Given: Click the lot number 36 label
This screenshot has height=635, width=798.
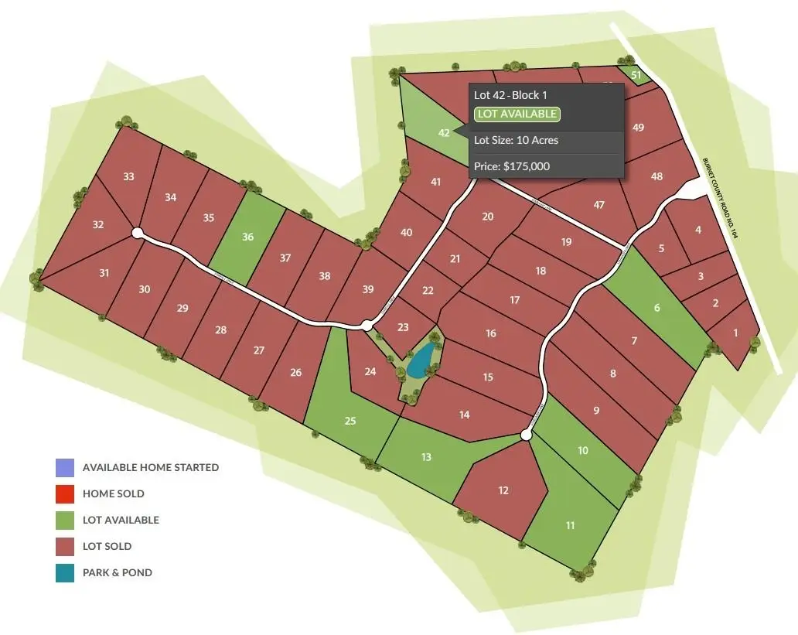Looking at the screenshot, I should (x=247, y=237).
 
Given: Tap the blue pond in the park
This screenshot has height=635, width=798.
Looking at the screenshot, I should (x=421, y=360).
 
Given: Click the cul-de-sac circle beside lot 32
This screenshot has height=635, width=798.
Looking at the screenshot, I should (x=138, y=233).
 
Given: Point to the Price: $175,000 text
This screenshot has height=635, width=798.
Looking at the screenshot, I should (x=511, y=166).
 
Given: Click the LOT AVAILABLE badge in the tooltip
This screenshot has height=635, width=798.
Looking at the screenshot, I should (x=517, y=114).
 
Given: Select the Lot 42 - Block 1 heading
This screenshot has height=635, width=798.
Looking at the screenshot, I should (x=510, y=95).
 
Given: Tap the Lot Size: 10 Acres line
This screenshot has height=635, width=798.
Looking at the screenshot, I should (x=516, y=140).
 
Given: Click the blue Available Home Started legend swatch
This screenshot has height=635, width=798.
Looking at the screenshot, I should (x=65, y=468).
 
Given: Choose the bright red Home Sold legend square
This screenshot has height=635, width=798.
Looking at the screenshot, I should (x=65, y=494).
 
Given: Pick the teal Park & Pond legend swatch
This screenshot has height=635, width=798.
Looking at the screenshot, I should (x=65, y=573).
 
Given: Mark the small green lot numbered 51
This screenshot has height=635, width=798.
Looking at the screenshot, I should (x=636, y=75).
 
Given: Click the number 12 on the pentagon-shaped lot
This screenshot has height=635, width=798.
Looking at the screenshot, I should (x=503, y=490).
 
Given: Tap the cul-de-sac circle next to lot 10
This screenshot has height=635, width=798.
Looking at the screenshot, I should (x=526, y=436).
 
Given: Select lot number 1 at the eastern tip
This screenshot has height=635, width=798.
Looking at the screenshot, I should (x=735, y=333).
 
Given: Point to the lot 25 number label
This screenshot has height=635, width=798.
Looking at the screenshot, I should (x=350, y=421).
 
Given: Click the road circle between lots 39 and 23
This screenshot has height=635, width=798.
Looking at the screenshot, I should (x=367, y=326).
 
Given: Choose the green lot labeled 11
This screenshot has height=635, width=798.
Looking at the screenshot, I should (x=570, y=525).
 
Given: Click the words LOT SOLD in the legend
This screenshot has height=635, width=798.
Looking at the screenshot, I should (x=107, y=547).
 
